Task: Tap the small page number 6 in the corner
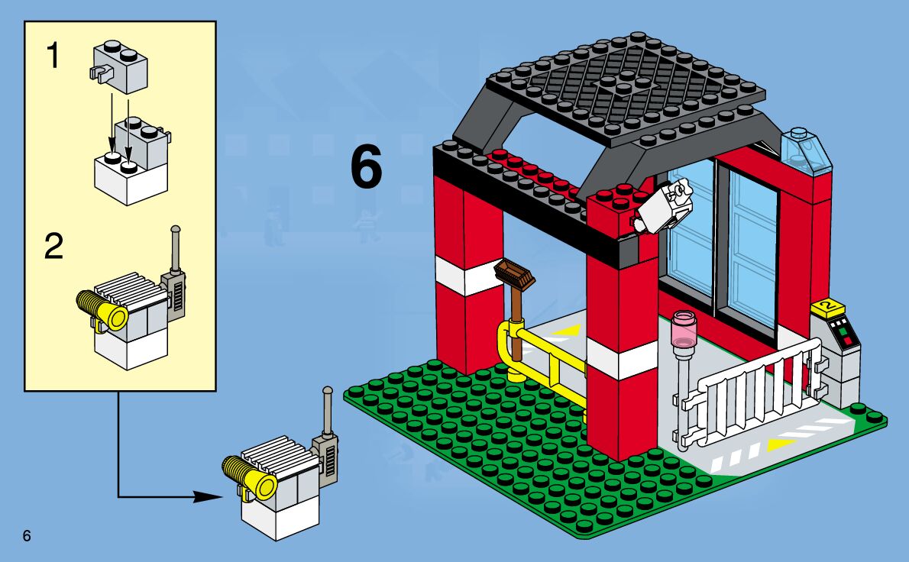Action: point(27,535)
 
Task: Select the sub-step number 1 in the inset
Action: point(53,56)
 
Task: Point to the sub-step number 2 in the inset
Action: point(53,247)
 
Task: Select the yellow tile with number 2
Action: point(828,308)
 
